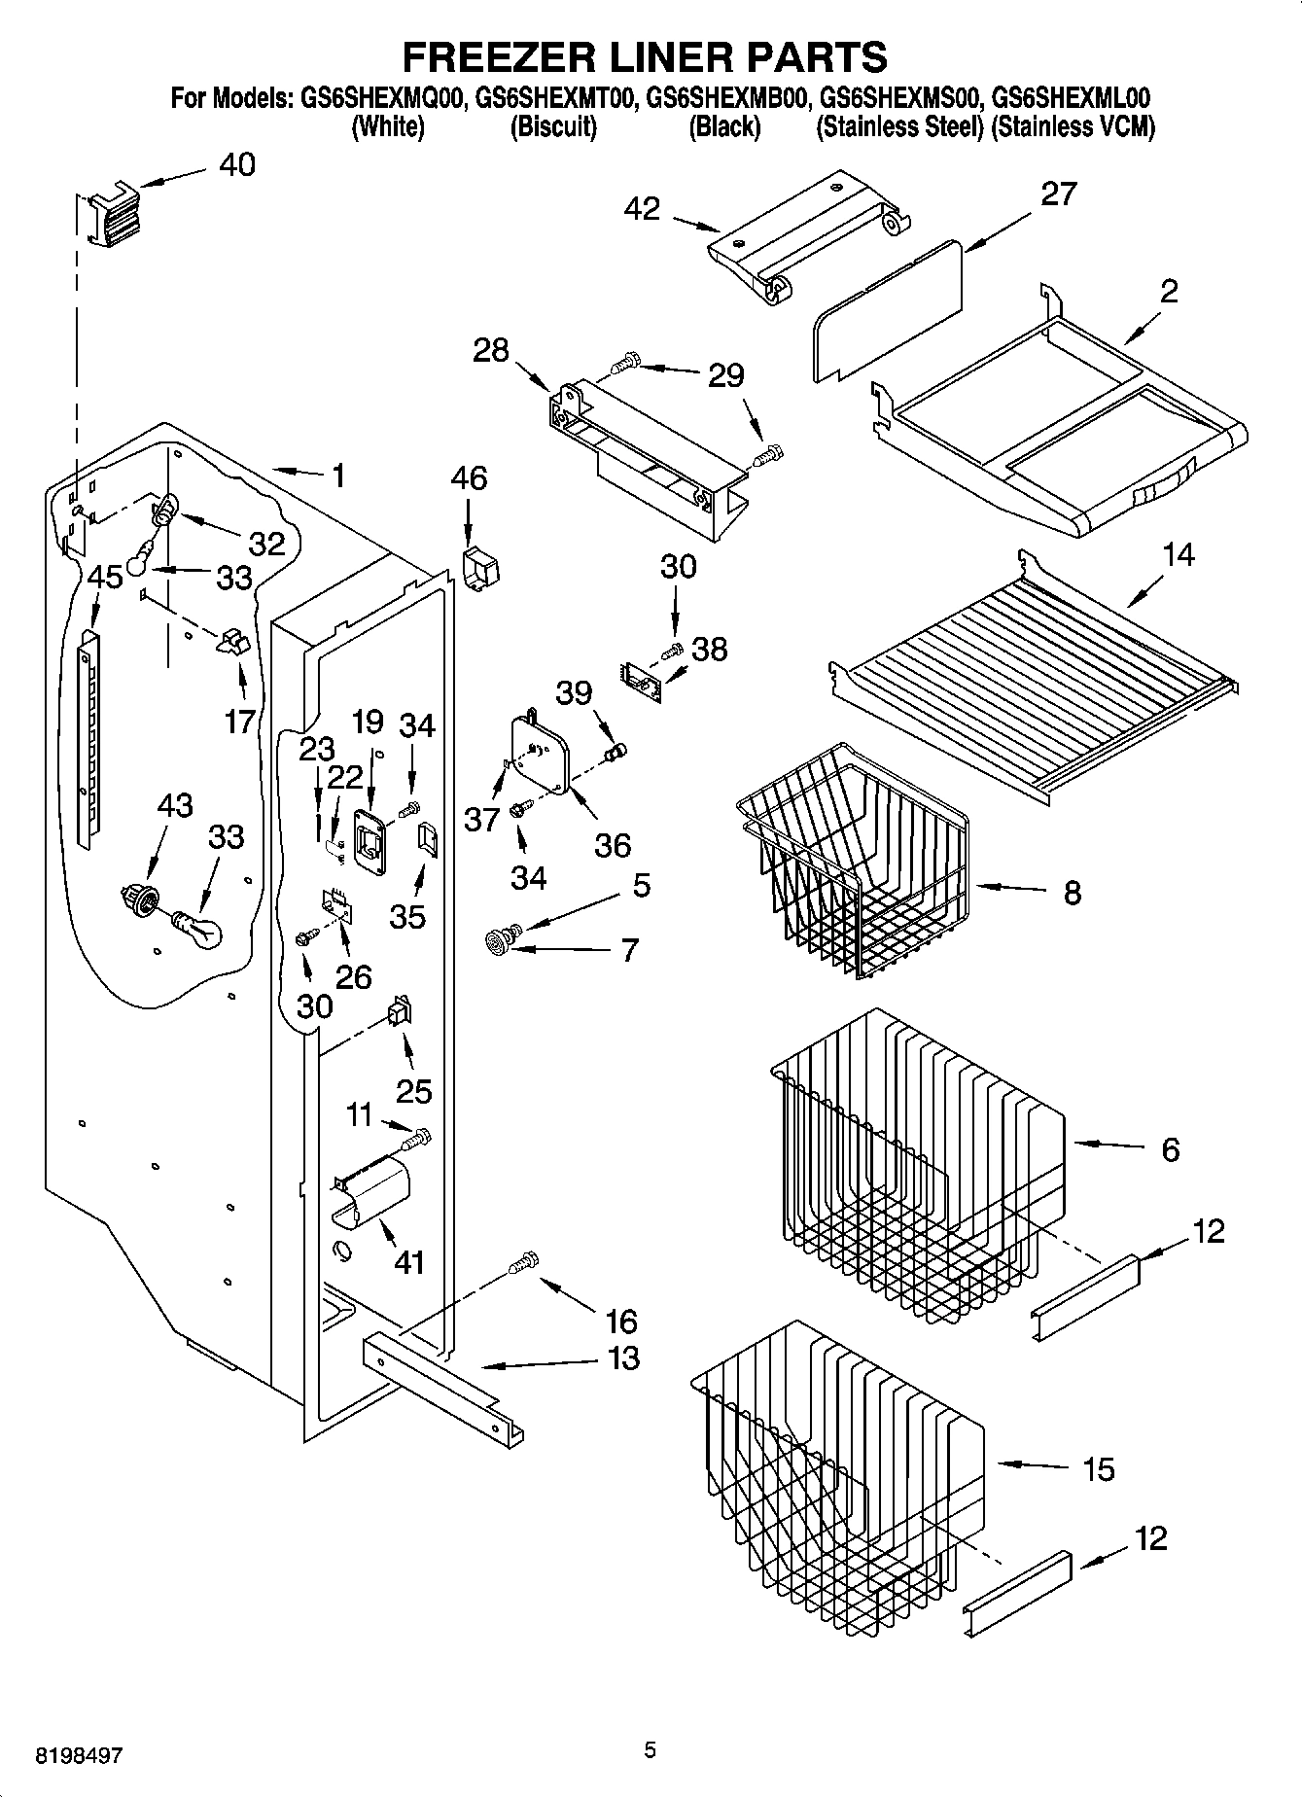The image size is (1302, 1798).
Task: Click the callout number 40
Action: (236, 164)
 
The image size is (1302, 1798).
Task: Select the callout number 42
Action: (642, 208)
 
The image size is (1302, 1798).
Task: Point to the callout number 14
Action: (1178, 555)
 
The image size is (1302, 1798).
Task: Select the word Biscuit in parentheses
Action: (553, 126)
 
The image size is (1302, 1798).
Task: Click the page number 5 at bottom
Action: (650, 1750)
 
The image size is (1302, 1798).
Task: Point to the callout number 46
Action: (469, 478)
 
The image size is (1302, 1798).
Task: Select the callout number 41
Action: (409, 1262)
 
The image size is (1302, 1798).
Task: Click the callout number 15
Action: (1098, 1469)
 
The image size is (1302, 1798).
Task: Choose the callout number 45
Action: (105, 577)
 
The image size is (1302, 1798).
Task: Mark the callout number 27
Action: (1058, 194)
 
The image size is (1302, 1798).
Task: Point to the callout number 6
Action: (1170, 1149)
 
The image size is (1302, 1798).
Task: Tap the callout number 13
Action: (623, 1357)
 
